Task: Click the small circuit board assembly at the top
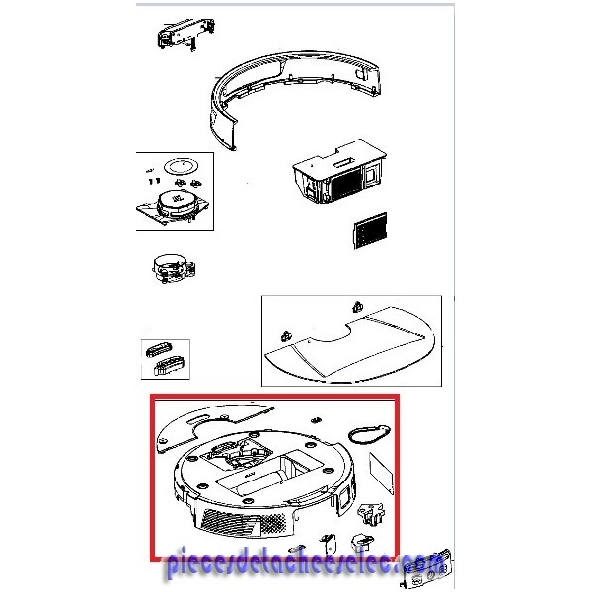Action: click(x=185, y=34)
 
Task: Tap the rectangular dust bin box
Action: click(x=339, y=172)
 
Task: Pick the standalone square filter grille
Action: click(x=370, y=230)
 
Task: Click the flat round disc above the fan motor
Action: click(x=182, y=166)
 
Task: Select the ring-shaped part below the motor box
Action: click(x=174, y=268)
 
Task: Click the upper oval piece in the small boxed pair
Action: click(x=159, y=349)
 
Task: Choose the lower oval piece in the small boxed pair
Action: click(x=169, y=365)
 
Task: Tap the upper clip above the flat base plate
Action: click(x=357, y=307)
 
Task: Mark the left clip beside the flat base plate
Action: click(x=286, y=336)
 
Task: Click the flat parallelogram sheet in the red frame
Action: click(x=381, y=473)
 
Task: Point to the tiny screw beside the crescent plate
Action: click(x=315, y=420)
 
